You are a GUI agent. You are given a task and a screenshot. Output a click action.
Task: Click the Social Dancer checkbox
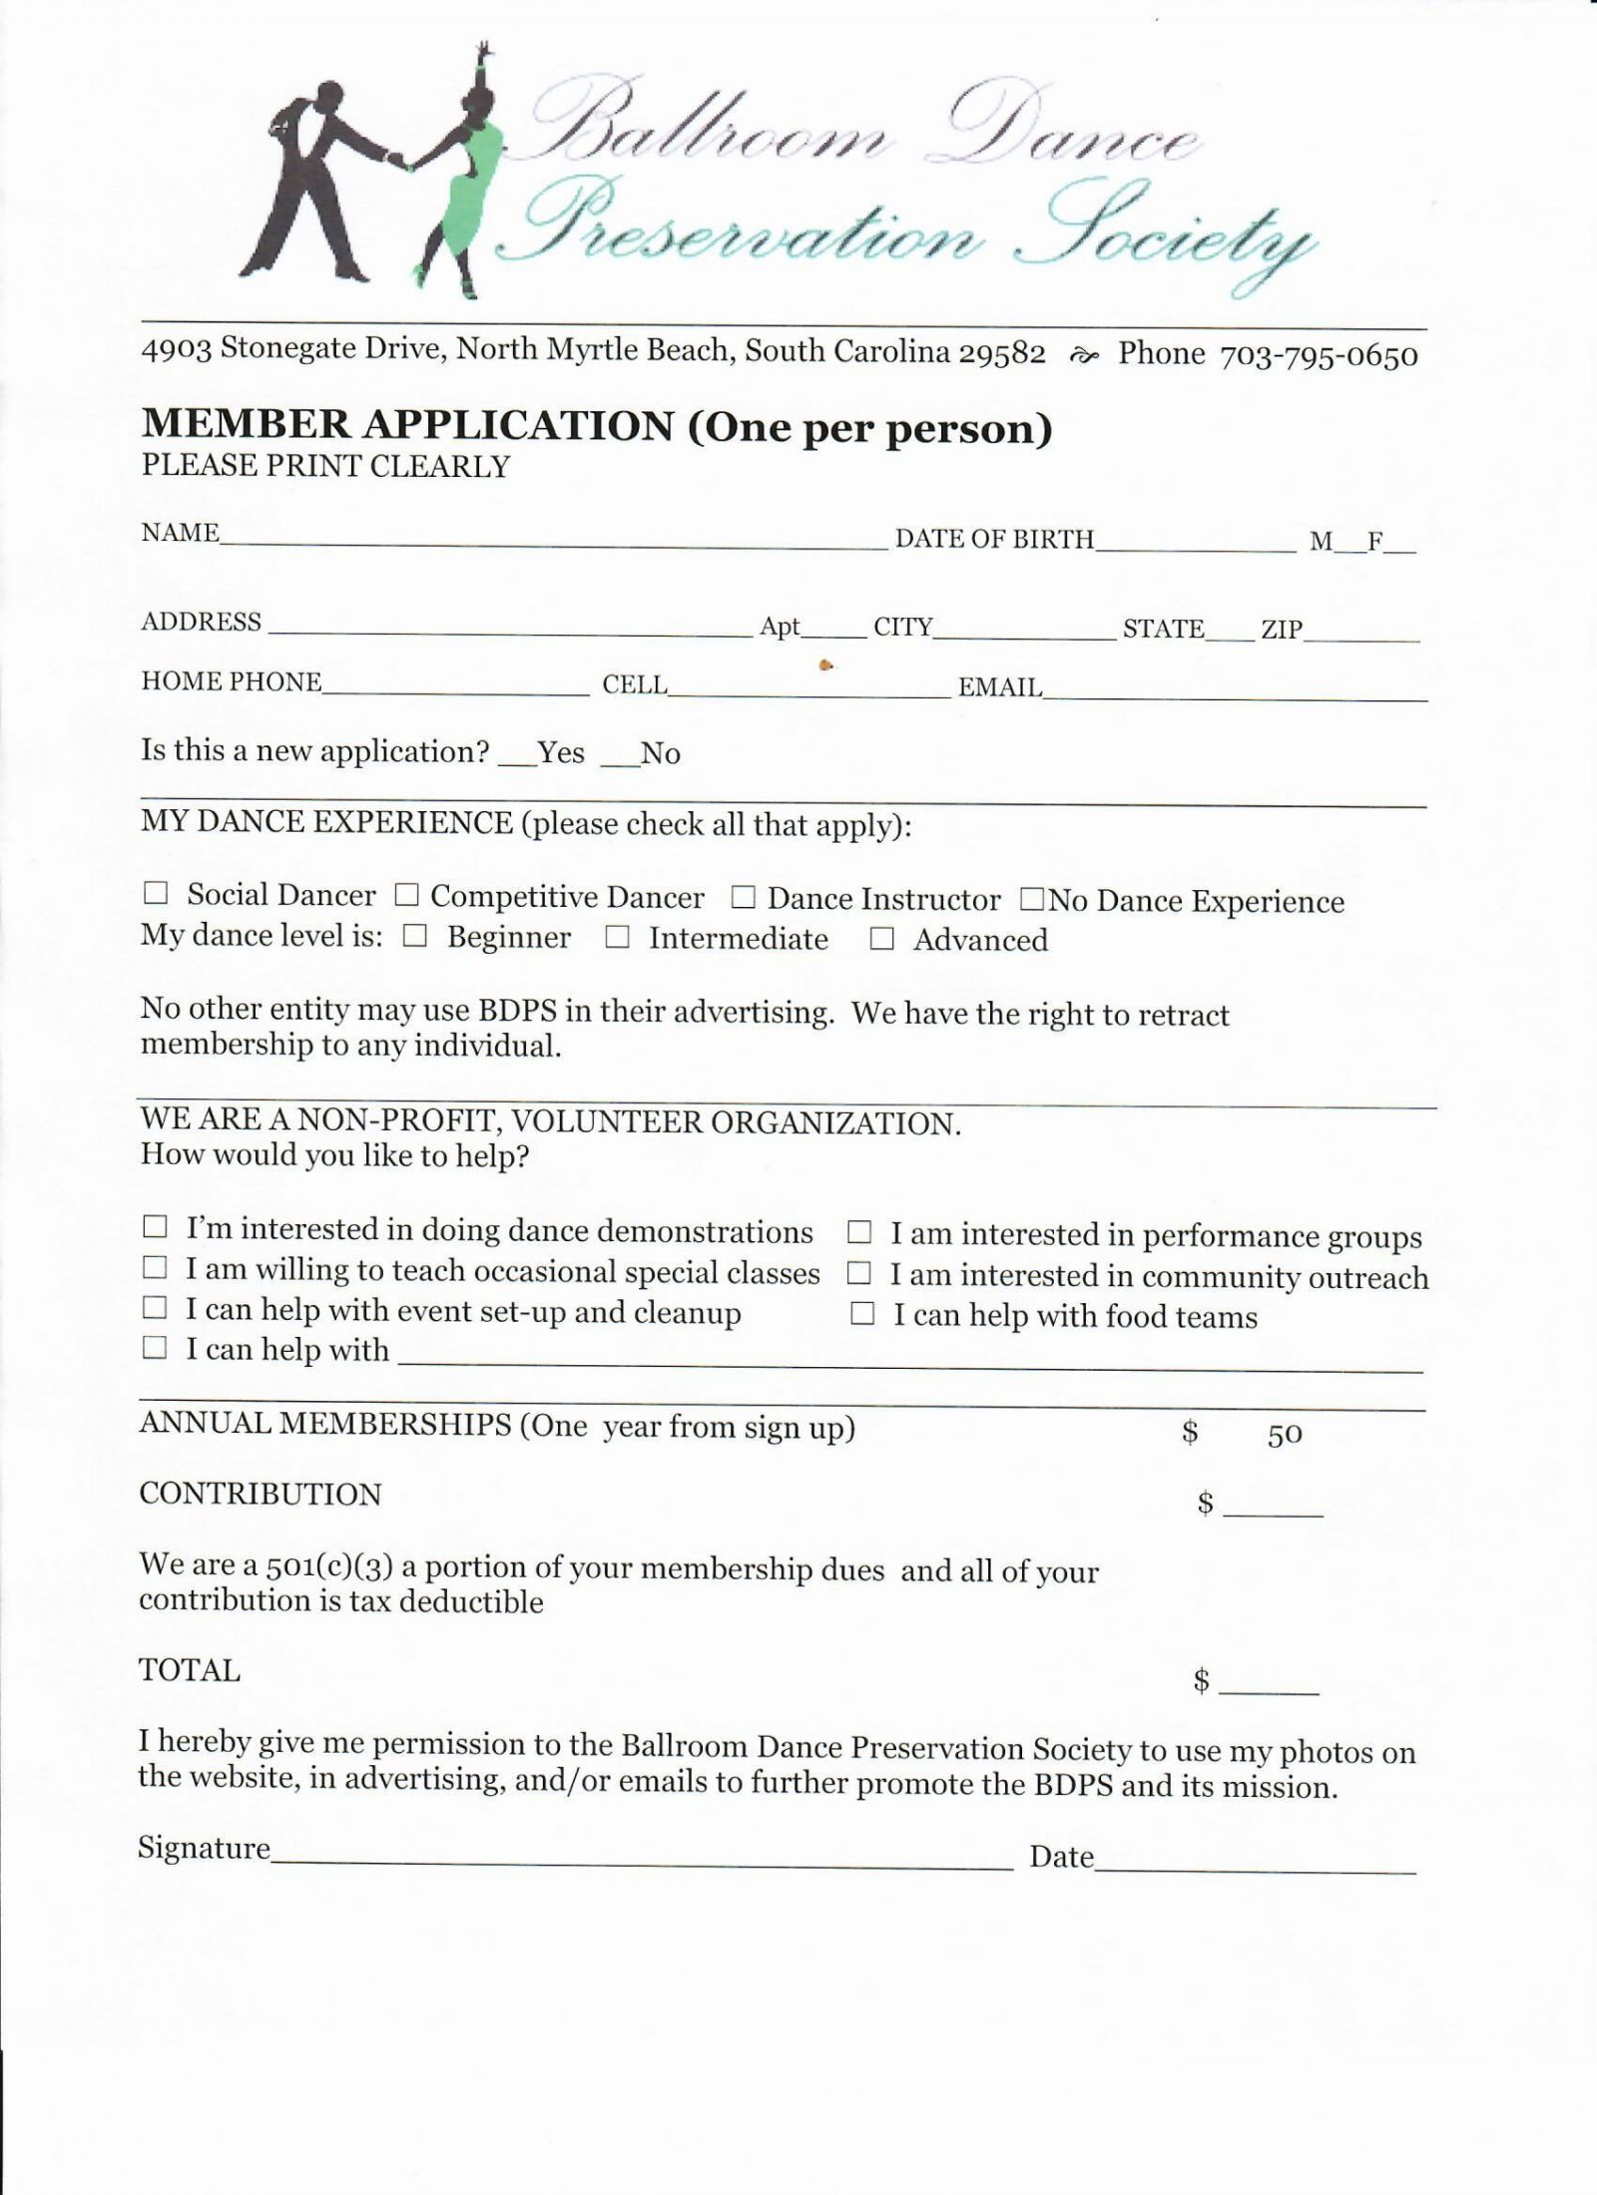point(155,893)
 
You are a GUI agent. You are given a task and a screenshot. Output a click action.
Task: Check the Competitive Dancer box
point(405,895)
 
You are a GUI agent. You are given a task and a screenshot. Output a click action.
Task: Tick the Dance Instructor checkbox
point(742,898)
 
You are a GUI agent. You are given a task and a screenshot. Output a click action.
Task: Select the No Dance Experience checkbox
point(1030,900)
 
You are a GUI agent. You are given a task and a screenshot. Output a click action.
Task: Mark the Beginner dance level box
point(415,936)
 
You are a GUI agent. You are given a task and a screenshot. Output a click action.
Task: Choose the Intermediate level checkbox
point(617,938)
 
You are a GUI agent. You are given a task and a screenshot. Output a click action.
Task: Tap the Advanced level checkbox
point(880,939)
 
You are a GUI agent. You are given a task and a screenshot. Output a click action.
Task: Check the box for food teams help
point(861,1315)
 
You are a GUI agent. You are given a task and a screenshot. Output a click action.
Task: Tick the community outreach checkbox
point(859,1274)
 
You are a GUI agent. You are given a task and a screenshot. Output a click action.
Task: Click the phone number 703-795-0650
point(1319,356)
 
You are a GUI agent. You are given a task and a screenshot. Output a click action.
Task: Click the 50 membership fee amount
point(1285,1435)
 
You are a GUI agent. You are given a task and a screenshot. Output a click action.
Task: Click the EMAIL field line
point(1235,694)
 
